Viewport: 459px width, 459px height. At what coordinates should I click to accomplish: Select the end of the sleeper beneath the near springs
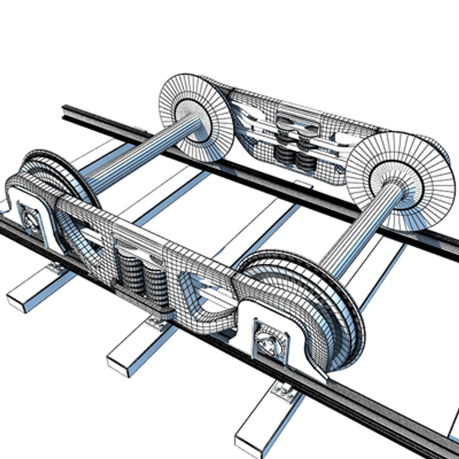pyautogui.click(x=117, y=365)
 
